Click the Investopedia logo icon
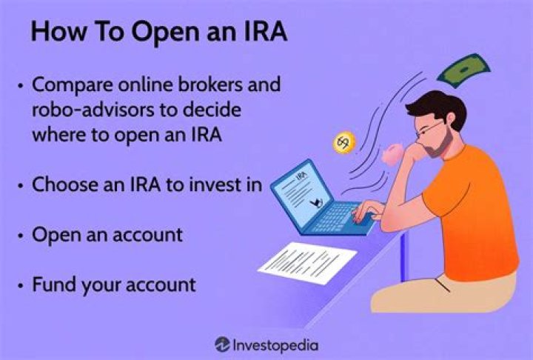222,344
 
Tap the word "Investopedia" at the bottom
276,344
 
